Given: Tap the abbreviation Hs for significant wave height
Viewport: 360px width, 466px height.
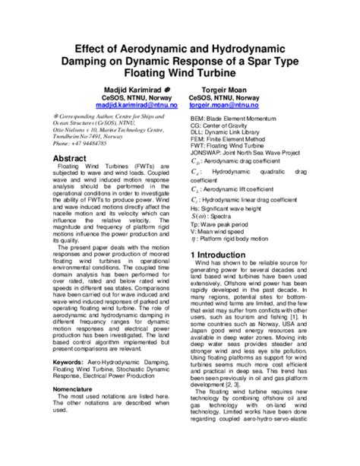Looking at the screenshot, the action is [194, 208].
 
